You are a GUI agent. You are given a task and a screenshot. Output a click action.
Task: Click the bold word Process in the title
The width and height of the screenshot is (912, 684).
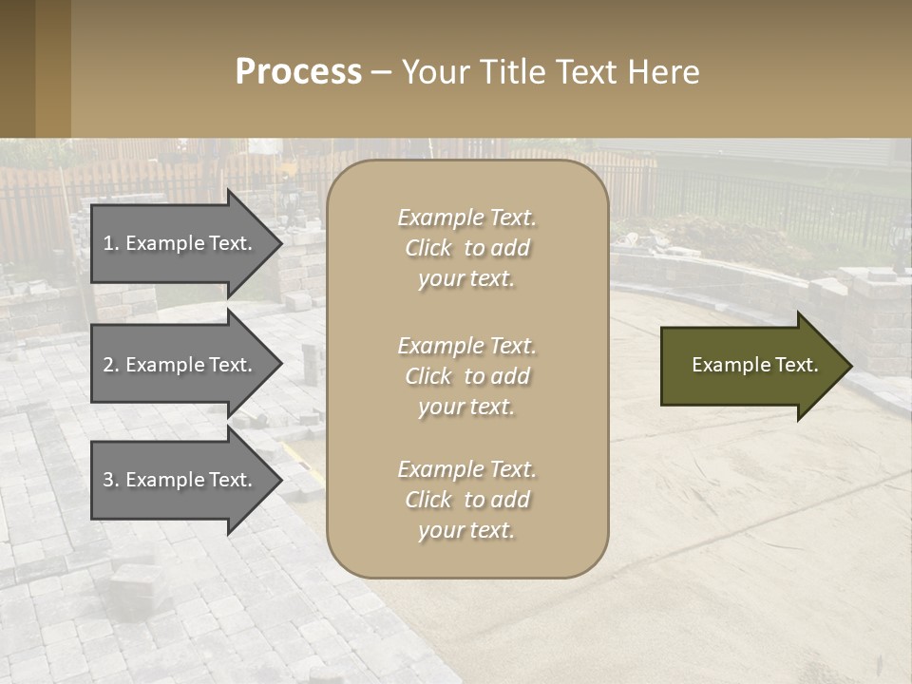[x=298, y=72]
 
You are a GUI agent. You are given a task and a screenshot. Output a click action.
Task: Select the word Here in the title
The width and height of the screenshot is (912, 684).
[x=665, y=72]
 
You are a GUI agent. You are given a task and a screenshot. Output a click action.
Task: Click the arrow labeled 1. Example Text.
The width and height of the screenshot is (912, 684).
[x=180, y=243]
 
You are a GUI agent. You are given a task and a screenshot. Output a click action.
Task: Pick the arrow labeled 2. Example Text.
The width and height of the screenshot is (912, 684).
[x=180, y=365]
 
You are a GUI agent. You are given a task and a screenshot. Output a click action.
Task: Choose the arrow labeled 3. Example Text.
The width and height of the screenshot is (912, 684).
[x=180, y=480]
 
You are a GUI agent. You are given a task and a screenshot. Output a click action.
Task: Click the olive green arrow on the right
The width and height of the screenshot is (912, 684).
[x=750, y=365]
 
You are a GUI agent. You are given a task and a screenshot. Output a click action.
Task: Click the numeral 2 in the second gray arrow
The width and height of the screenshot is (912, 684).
[x=107, y=365]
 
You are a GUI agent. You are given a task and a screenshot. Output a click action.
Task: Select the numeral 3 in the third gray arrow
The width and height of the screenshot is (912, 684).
[x=107, y=480]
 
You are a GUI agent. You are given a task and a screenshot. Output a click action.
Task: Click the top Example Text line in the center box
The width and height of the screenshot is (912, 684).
[x=466, y=218]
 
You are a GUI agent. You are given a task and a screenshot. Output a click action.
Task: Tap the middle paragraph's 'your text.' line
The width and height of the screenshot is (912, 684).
[x=466, y=407]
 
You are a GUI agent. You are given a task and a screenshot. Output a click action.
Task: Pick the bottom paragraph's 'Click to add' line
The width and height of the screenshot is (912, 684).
[x=466, y=500]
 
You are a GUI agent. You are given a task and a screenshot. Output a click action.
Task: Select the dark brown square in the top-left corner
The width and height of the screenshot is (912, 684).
[x=17, y=68]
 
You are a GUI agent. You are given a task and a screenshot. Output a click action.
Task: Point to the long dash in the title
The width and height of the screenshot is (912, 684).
[x=381, y=72]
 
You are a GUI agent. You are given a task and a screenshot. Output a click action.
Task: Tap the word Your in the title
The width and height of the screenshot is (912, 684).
[x=434, y=72]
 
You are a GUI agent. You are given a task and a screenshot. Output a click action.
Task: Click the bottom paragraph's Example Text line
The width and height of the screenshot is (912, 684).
[x=466, y=469]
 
